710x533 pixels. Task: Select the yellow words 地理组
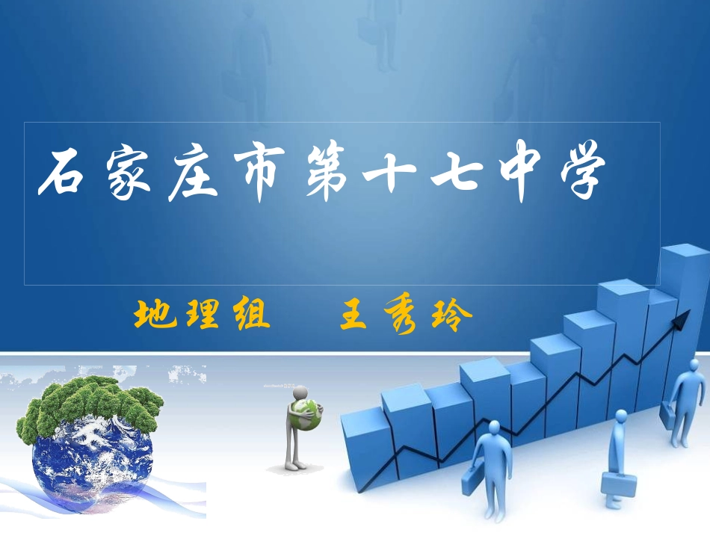click(x=201, y=317)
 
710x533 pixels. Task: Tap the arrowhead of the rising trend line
click(x=681, y=322)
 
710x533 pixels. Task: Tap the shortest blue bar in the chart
click(x=366, y=449)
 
